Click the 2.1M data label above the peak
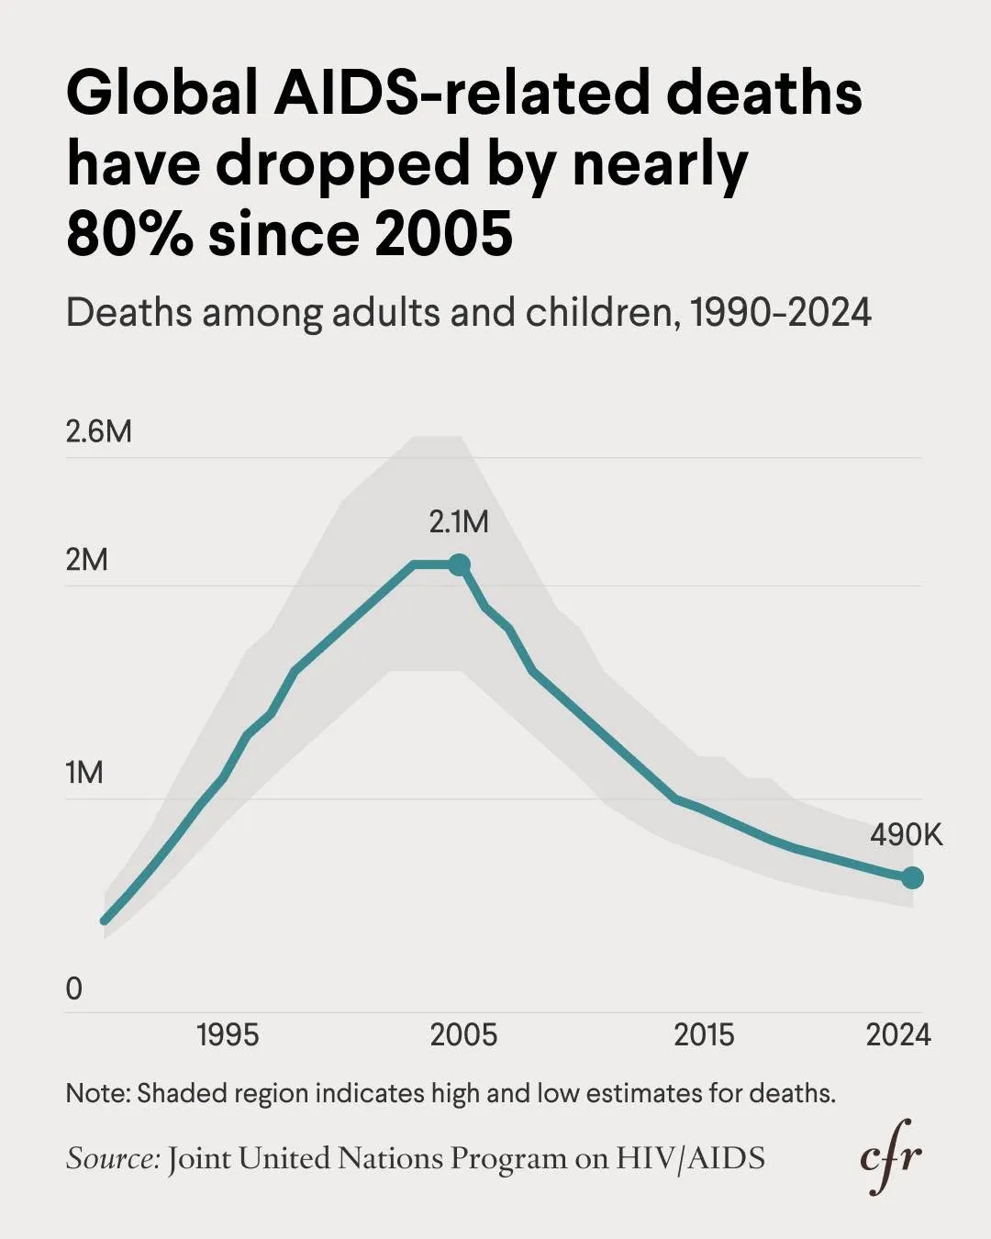pos(459,522)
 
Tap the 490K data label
pos(906,835)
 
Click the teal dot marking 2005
pos(459,564)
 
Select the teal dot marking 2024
pos(912,878)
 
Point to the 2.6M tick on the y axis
pos(98,431)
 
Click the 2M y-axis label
pos(86,560)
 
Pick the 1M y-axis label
pos(84,774)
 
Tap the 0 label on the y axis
pos(74,989)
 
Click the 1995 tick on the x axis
pos(228,1035)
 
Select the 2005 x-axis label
pos(463,1035)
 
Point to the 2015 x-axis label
pos(704,1035)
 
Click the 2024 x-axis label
pos(898,1035)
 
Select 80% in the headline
pos(129,233)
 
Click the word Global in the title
pos(161,94)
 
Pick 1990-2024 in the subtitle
pos(780,313)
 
